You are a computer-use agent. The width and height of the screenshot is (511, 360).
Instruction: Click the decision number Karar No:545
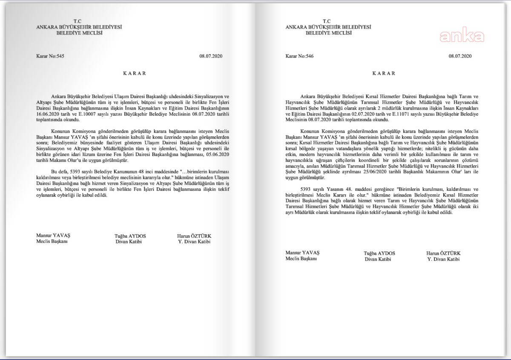49,56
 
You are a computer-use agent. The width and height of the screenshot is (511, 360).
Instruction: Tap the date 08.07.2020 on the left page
211,56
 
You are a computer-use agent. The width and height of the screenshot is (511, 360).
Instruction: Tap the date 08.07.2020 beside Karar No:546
460,56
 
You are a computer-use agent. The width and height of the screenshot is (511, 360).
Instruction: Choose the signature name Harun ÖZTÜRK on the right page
444,253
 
